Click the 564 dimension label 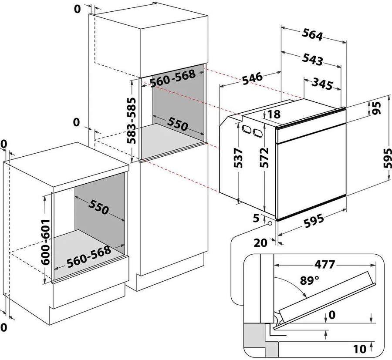point(312,34)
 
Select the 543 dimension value point(312,60)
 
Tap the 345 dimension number point(322,84)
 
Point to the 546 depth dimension point(253,78)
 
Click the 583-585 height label point(131,121)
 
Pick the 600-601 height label point(45,242)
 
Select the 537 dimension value point(238,158)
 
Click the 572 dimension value point(264,158)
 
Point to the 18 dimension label point(274,114)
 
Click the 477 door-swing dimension point(324,264)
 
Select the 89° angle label point(310,280)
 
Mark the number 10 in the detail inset point(360,349)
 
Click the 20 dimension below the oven point(260,242)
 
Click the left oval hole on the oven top point(247,129)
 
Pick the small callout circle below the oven point(270,223)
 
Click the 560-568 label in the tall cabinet point(173,78)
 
